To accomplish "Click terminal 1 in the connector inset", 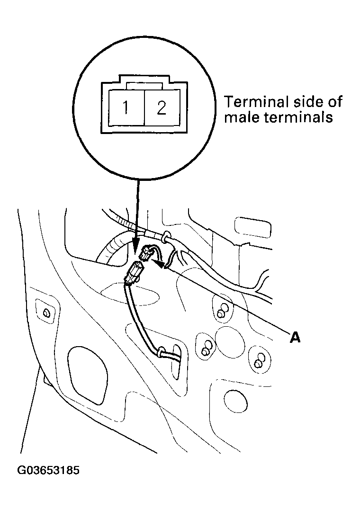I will [x=126, y=108].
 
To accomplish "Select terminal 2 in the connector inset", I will [x=162, y=108].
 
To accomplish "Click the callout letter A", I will [x=295, y=337].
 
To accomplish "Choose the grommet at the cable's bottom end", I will [x=162, y=353].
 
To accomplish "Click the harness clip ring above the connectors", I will [x=166, y=235].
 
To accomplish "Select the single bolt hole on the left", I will [x=46, y=313].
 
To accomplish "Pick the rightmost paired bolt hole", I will [x=259, y=362].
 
